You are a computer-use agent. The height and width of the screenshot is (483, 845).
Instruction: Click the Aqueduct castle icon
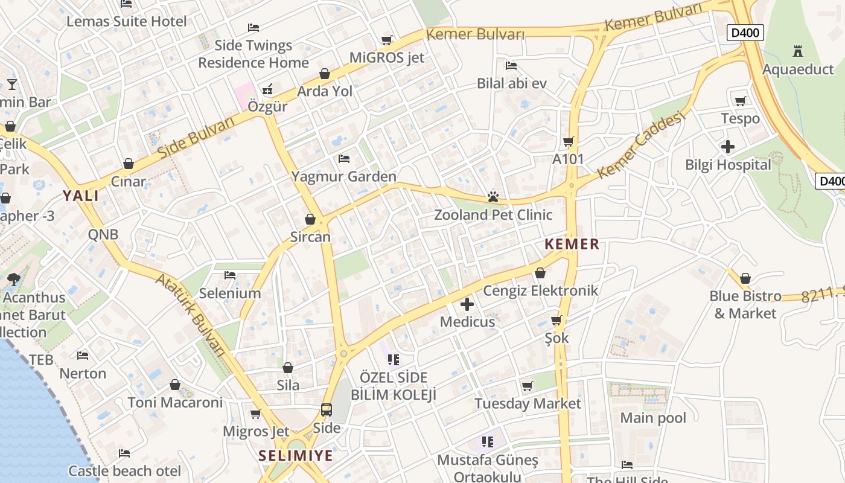(798, 51)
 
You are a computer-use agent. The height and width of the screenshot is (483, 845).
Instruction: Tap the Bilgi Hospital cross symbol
(728, 146)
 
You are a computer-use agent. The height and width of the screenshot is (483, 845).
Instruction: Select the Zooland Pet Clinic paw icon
(493, 197)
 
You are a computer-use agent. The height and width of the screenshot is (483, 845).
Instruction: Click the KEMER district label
(572, 244)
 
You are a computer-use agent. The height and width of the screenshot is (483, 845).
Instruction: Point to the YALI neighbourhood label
(81, 195)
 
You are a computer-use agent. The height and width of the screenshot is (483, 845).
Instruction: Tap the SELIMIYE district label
(296, 455)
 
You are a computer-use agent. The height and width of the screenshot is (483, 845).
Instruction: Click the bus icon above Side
(327, 410)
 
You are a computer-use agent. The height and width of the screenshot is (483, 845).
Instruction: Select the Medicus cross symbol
(467, 304)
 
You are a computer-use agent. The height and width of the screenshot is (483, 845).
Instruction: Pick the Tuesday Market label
(528, 403)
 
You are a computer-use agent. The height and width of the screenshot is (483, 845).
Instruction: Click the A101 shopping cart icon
(568, 142)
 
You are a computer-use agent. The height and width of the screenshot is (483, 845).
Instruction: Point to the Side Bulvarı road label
(197, 138)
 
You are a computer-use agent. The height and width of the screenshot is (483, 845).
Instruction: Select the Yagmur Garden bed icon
(344, 159)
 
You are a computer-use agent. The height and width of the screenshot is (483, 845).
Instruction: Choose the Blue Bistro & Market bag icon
(745, 278)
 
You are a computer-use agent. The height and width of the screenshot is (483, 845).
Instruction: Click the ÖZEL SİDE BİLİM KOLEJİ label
(394, 386)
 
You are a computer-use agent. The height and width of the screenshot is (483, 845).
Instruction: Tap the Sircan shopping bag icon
(310, 219)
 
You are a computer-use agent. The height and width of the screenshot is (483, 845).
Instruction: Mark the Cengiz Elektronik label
(540, 290)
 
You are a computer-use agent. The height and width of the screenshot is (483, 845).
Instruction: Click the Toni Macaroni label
(175, 402)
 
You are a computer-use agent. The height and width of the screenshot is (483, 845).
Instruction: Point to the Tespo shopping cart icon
(741, 101)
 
